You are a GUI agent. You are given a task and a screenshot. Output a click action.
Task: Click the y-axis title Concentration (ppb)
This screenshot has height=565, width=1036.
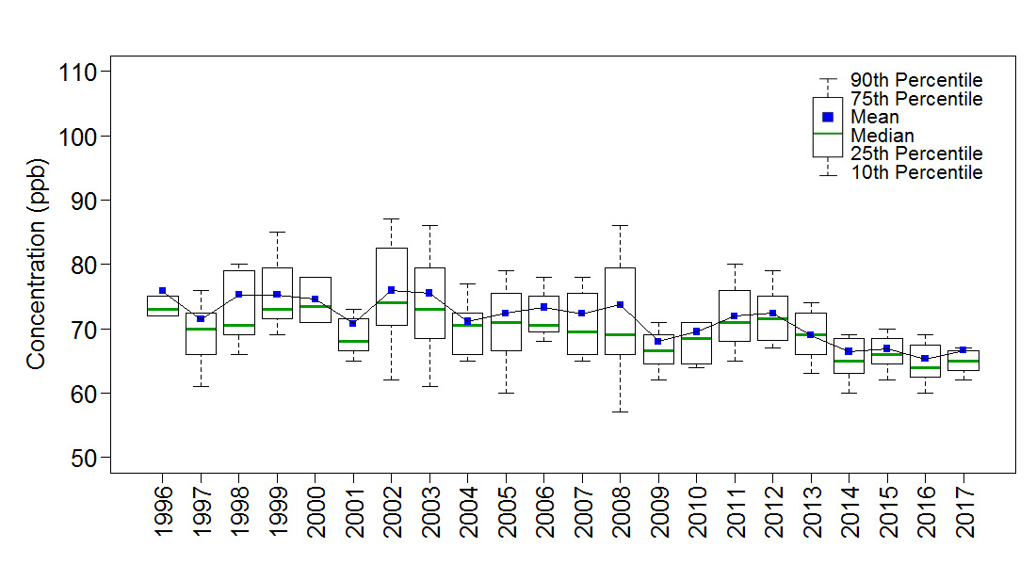pyautogui.click(x=37, y=263)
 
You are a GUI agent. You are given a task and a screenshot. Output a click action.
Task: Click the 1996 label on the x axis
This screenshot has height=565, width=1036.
pyautogui.click(x=163, y=510)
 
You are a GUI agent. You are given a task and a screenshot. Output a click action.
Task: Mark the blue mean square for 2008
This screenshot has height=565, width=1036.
pyautogui.click(x=621, y=304)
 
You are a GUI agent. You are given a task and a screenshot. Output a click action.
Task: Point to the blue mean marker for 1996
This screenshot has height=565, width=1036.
pyautogui.click(x=163, y=291)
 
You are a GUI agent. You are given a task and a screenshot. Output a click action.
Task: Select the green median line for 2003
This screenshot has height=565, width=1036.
pyautogui.click(x=429, y=309)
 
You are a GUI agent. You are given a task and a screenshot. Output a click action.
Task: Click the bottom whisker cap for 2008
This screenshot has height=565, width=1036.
pyautogui.click(x=621, y=412)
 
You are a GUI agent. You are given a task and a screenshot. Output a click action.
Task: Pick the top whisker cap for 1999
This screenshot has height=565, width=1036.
pyautogui.click(x=277, y=232)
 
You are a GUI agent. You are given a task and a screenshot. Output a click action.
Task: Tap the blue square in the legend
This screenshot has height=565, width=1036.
pyautogui.click(x=828, y=117)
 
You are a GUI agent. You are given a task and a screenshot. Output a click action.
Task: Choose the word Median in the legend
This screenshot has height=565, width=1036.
pyautogui.click(x=882, y=136)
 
